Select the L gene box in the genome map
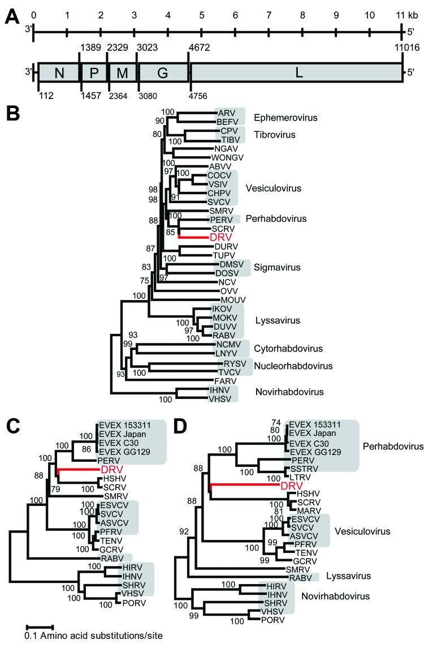click(297, 73)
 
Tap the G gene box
click(163, 73)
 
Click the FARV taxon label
click(224, 380)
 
